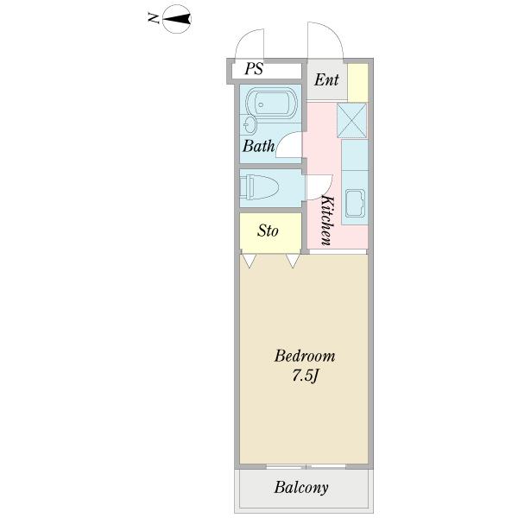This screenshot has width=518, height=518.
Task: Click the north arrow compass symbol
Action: click(179, 18)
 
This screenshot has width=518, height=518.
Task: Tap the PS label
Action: click(254, 69)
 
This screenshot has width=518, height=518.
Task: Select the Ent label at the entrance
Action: click(326, 81)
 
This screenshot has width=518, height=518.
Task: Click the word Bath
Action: click(257, 146)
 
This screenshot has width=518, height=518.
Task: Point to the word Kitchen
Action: click(327, 220)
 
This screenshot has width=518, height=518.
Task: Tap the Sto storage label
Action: click(268, 231)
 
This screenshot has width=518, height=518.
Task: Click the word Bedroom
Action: click(304, 356)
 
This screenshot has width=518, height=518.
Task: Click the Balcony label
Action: click(301, 488)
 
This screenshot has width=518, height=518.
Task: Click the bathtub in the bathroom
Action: click(274, 108)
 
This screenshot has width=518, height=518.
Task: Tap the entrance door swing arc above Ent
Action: click(325, 41)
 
